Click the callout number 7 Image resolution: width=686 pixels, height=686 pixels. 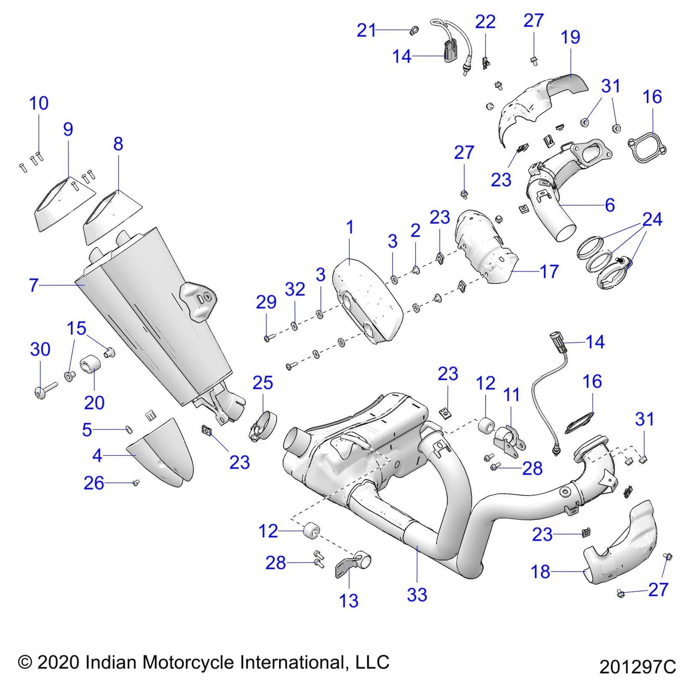33,285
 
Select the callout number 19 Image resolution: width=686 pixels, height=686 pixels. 570,37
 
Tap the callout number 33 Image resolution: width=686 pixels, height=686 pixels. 417,594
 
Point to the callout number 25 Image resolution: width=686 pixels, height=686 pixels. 263,383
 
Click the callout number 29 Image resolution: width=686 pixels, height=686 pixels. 266,302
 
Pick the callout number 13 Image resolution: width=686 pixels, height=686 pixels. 348,601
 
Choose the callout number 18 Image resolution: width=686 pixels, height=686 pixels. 541,572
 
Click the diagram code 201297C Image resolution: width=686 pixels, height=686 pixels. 637,667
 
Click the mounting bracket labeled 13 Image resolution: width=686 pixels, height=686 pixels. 354,565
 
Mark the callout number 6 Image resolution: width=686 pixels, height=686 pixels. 610,205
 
